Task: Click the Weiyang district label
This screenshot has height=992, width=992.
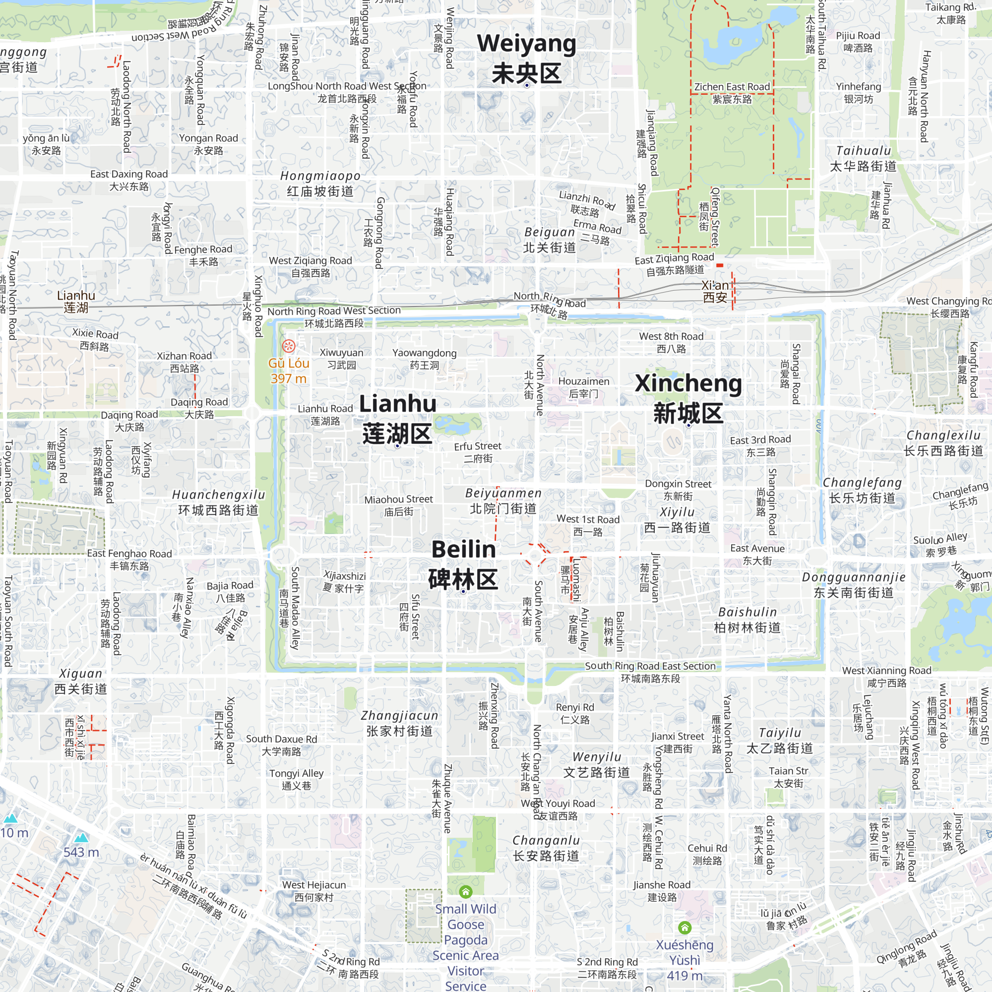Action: pyautogui.click(x=526, y=58)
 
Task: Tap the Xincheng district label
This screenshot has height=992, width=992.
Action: pyautogui.click(x=688, y=398)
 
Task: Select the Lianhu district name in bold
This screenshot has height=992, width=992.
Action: pyautogui.click(x=397, y=419)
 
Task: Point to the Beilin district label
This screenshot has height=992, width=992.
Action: pyautogui.click(x=463, y=564)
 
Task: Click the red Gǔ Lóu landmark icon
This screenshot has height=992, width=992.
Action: pyautogui.click(x=289, y=346)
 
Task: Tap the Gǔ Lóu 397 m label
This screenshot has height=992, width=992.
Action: pyautogui.click(x=289, y=371)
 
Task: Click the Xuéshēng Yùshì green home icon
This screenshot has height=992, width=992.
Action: pyautogui.click(x=684, y=928)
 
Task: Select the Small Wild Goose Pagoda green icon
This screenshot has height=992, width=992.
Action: pyautogui.click(x=466, y=891)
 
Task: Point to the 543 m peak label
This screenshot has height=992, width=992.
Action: pyautogui.click(x=81, y=852)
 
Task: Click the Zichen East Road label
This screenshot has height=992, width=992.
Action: pyautogui.click(x=732, y=93)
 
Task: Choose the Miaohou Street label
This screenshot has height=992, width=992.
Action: pyautogui.click(x=398, y=505)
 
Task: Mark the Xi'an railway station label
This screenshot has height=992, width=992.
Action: pyautogui.click(x=715, y=291)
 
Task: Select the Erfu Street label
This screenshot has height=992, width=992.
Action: pyautogui.click(x=478, y=452)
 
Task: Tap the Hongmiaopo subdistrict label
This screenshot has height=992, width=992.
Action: pyautogui.click(x=320, y=184)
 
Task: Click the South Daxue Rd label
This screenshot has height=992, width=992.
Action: pyautogui.click(x=281, y=745)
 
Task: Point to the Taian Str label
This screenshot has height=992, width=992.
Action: pyautogui.click(x=789, y=777)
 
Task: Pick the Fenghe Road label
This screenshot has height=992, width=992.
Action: pyautogui.click(x=203, y=255)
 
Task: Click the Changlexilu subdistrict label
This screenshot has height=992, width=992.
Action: pyautogui.click(x=943, y=442)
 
